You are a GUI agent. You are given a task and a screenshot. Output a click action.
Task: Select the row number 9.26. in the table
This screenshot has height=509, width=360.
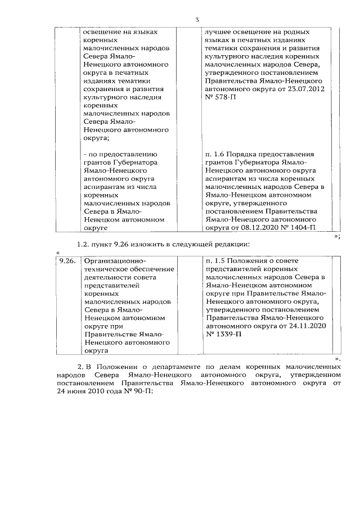pyautogui.click(x=69, y=261)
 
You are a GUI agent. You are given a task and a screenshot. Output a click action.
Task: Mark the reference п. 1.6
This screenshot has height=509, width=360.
pyautogui.click(x=215, y=154)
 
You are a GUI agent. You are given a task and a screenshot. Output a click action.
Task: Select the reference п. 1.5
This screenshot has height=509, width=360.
pyautogui.click(x=215, y=261)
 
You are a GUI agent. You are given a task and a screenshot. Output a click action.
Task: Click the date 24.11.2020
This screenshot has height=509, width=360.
pyautogui.click(x=309, y=325)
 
